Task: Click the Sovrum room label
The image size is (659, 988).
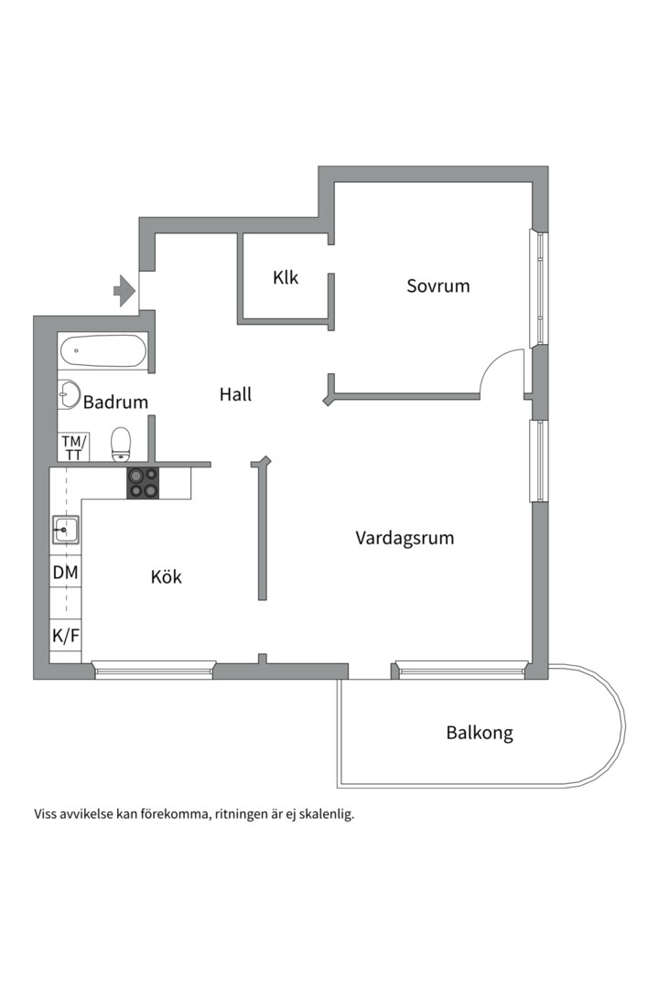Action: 438,286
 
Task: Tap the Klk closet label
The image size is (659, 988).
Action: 286,277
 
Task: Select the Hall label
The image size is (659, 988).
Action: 235,395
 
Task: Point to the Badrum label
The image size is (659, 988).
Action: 115,402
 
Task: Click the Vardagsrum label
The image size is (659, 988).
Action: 405,538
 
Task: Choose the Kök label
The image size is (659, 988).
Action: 167,577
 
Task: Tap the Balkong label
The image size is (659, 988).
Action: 480,733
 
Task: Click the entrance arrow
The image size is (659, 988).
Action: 124,291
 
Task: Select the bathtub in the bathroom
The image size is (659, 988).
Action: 103,351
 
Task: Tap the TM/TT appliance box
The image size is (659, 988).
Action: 71,447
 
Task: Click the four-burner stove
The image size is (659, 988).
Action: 143,482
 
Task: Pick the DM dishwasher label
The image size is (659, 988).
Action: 65,573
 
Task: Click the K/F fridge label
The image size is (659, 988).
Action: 65,635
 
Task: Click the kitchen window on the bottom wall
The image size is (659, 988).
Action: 154,670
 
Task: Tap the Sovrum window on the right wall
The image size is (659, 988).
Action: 540,288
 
